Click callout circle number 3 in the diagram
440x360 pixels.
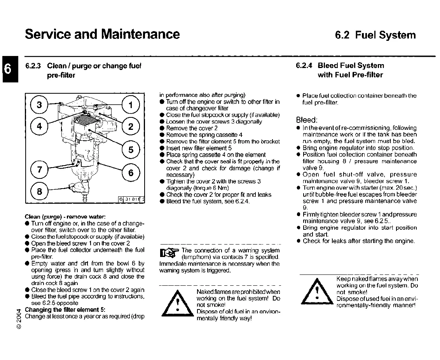tap(40, 105)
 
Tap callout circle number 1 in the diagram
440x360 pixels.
tap(131, 105)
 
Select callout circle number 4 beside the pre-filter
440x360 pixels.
tap(40, 126)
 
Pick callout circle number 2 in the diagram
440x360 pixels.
tap(131, 126)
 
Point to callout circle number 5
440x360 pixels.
tap(131, 150)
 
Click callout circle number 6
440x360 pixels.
tap(131, 173)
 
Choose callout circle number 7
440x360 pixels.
tap(40, 170)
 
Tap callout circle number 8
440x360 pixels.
tap(40, 192)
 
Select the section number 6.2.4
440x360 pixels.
tap(304, 66)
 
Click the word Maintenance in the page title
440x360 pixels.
tap(140, 34)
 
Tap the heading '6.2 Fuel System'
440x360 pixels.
tap(375, 35)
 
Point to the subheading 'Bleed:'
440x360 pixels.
tap(307, 120)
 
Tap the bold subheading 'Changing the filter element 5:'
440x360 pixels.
tap(65, 310)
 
